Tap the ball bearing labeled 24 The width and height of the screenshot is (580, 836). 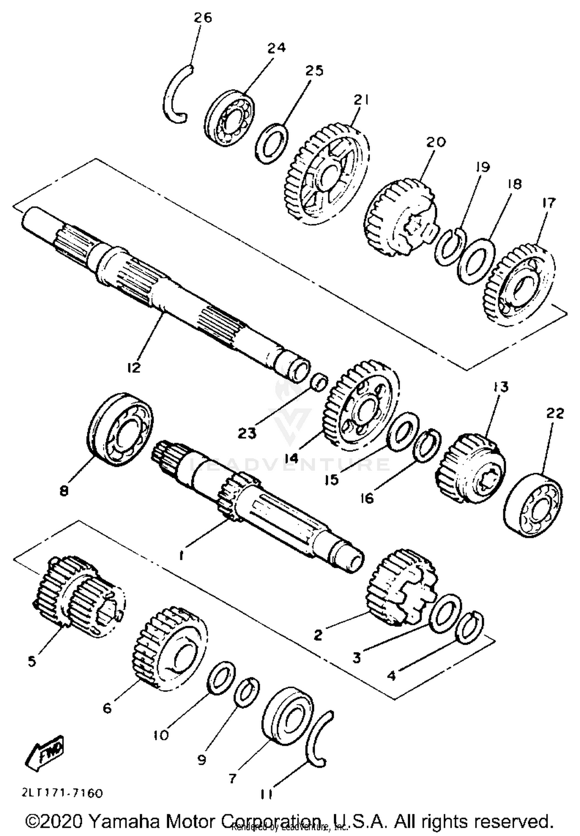pyautogui.click(x=229, y=118)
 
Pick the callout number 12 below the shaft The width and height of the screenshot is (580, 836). pyautogui.click(x=133, y=367)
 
